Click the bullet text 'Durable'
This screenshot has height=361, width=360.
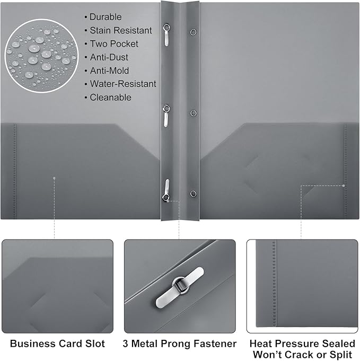coord(105,17)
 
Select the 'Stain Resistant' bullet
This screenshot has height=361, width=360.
coord(120,30)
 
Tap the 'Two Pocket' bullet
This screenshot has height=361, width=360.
coord(113,43)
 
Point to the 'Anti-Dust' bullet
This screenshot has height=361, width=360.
coord(109,57)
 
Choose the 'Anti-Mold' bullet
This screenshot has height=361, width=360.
coord(109,71)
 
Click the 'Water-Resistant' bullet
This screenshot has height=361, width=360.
coord(122,84)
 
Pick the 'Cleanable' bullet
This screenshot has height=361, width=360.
coord(110,98)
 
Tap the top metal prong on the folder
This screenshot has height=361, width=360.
coord(167,34)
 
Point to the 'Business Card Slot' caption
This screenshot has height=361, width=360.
coord(57,344)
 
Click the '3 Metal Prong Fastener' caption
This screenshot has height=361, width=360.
coord(180,344)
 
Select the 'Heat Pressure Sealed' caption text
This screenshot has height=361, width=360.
coord(302,344)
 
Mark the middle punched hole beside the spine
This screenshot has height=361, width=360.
coord(193,112)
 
